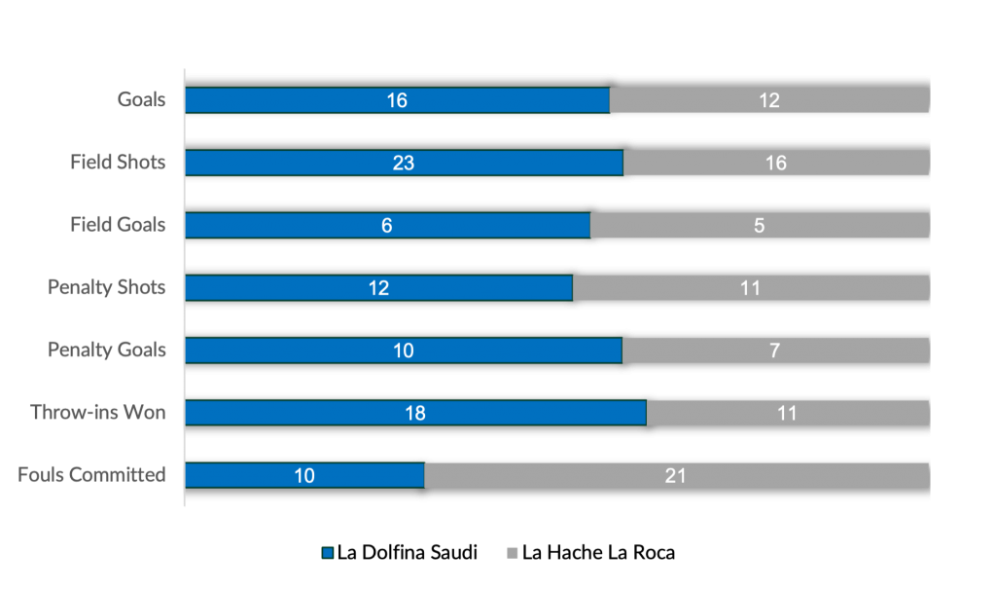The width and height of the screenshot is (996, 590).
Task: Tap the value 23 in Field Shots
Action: point(404,163)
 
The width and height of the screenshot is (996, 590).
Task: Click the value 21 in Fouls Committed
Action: point(676,475)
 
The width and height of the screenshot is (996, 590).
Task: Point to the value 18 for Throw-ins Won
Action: point(415,413)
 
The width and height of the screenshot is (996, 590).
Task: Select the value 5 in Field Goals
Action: point(759,225)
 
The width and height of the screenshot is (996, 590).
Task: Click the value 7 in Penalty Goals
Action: point(774,350)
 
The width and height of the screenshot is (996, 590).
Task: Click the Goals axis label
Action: point(142,99)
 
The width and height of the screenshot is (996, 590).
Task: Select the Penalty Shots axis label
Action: point(107,287)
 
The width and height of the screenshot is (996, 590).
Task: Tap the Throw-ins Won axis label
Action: point(98,412)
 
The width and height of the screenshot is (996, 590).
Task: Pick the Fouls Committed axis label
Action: point(92,474)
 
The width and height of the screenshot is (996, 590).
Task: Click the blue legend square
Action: point(328,553)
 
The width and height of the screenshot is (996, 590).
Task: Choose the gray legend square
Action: point(513,553)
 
